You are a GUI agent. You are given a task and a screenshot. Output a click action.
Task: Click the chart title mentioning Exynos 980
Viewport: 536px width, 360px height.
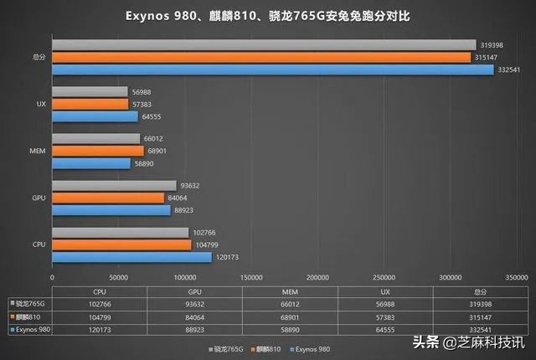268,16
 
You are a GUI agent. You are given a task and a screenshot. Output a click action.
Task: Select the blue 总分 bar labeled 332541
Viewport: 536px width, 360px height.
273,69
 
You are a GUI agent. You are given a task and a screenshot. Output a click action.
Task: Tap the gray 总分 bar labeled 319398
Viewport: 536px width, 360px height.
264,44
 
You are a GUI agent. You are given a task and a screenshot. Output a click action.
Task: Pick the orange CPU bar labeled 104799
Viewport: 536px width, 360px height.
121,244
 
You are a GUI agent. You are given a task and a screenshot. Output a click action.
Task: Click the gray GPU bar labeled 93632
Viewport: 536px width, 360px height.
114,185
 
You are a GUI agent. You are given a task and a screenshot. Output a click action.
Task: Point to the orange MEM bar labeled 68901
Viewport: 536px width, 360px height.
98,151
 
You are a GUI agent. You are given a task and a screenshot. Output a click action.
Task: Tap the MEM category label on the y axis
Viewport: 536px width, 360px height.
37,151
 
